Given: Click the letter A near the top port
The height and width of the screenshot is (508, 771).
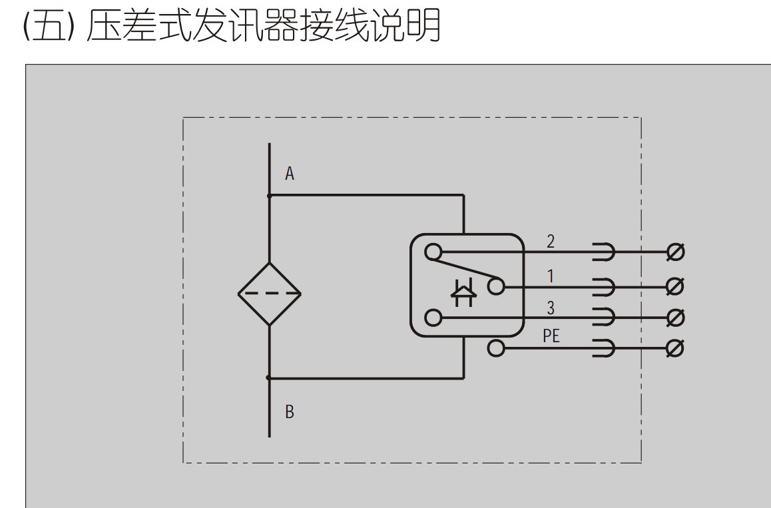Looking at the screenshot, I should coord(290,174).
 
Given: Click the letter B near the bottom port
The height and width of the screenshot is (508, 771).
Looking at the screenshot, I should coord(290,412).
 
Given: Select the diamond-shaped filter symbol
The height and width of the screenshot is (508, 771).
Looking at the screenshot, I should coord(270,294).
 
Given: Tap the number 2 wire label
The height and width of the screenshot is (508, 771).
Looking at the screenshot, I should coord(551,242).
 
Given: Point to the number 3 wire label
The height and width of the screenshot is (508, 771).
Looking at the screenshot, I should coord(551,308).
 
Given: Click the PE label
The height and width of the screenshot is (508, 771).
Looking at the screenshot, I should coord(551,336).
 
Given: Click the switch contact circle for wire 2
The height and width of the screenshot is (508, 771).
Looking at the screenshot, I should coord(433,252).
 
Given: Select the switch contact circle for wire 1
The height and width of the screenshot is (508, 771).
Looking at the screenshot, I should coord(496,286).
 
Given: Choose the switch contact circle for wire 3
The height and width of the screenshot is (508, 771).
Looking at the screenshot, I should coord(433,318).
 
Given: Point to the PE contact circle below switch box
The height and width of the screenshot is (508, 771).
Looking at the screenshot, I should coord(496,348).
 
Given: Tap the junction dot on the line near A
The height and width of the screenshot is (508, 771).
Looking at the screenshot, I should coord(269,196).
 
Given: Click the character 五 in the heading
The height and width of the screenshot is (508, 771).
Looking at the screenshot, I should coord(51,28).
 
